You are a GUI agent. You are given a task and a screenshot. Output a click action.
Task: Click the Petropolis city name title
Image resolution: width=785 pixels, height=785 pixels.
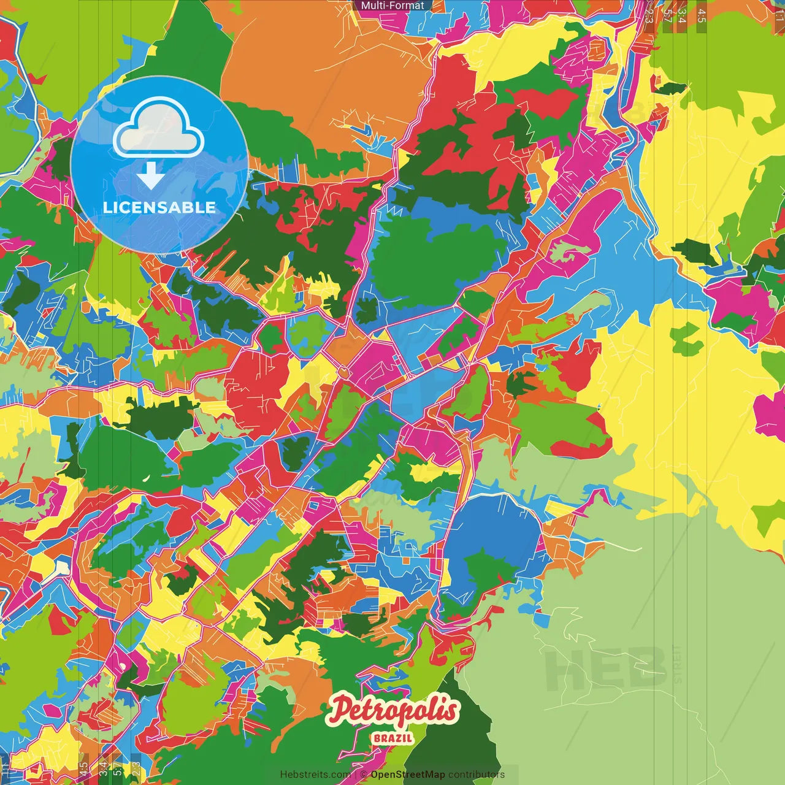[x=393, y=710]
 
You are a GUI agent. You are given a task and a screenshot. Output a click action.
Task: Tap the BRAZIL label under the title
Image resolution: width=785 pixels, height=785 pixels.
[x=392, y=738]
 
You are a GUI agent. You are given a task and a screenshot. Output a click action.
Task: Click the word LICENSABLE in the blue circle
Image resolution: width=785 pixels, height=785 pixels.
[x=159, y=207]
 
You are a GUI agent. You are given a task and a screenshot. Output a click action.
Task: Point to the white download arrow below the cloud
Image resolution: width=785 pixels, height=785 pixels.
[x=150, y=176]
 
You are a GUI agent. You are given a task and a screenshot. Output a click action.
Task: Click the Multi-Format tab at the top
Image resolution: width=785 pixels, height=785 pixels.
[x=392, y=6]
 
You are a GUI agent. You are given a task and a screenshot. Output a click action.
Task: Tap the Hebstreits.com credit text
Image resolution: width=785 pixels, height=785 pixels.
[x=315, y=775]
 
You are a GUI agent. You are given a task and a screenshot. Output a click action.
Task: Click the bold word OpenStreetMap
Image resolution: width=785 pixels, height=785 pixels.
[x=407, y=775]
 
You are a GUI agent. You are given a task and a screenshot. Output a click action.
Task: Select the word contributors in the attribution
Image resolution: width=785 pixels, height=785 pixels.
[x=476, y=775]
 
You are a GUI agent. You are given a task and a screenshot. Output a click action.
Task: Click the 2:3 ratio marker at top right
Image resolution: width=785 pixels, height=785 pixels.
[x=649, y=15]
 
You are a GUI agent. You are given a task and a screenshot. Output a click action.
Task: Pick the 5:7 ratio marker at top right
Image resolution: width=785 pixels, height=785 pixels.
[x=667, y=15]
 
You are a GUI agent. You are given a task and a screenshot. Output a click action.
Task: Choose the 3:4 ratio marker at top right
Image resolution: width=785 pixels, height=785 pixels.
[x=682, y=15]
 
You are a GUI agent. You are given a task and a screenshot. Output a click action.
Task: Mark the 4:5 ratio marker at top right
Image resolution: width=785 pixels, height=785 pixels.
[x=702, y=15]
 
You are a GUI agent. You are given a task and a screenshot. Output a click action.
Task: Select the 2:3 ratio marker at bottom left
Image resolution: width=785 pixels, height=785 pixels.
[x=136, y=770]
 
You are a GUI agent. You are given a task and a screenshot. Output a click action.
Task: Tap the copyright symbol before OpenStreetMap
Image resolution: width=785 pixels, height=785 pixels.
[x=363, y=775]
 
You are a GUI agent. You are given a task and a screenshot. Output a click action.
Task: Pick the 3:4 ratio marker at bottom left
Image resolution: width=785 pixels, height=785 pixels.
[x=103, y=770]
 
